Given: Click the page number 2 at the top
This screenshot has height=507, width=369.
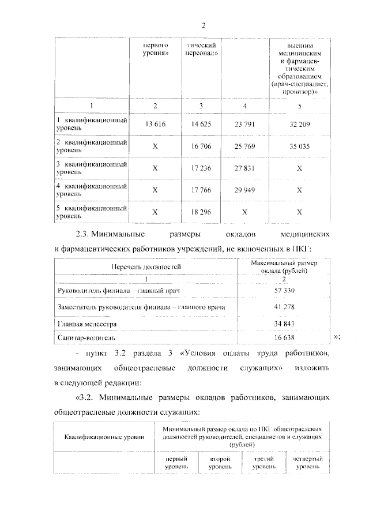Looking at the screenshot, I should [204, 25].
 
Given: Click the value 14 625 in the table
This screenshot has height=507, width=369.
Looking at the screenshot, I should [201, 123].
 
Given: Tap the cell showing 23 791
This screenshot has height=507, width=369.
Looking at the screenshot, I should [245, 123].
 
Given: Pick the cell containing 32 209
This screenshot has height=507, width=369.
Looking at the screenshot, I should [299, 123].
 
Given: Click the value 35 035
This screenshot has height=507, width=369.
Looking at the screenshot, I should [299, 146].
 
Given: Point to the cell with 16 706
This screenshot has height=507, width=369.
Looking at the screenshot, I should [201, 146].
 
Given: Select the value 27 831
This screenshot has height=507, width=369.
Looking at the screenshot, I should [245, 168].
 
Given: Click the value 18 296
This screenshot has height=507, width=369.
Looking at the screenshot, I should [201, 212].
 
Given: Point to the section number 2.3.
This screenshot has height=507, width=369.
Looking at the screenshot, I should [84, 235].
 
